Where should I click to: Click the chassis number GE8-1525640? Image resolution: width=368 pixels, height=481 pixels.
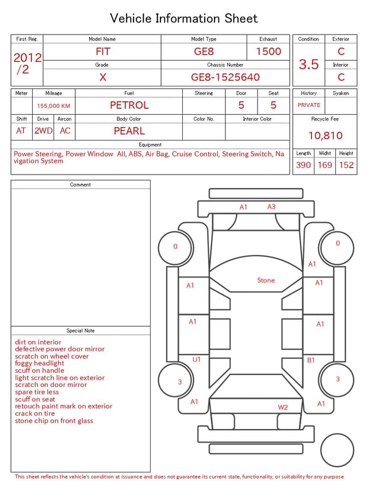(225, 77)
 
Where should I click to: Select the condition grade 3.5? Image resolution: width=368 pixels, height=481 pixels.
(309, 64)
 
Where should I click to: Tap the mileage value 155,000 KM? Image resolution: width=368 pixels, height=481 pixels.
(53, 106)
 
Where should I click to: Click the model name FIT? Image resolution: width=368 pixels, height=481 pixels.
(103, 51)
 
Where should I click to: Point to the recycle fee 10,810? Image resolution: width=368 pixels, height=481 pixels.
(325, 135)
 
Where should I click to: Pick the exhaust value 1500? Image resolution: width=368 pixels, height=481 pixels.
(269, 51)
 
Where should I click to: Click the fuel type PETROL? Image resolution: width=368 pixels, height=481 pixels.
(129, 105)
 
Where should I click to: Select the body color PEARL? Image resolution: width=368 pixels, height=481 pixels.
(129, 131)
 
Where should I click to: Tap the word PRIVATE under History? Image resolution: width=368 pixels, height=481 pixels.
(309, 105)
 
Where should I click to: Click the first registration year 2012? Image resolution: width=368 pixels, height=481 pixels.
(28, 58)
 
